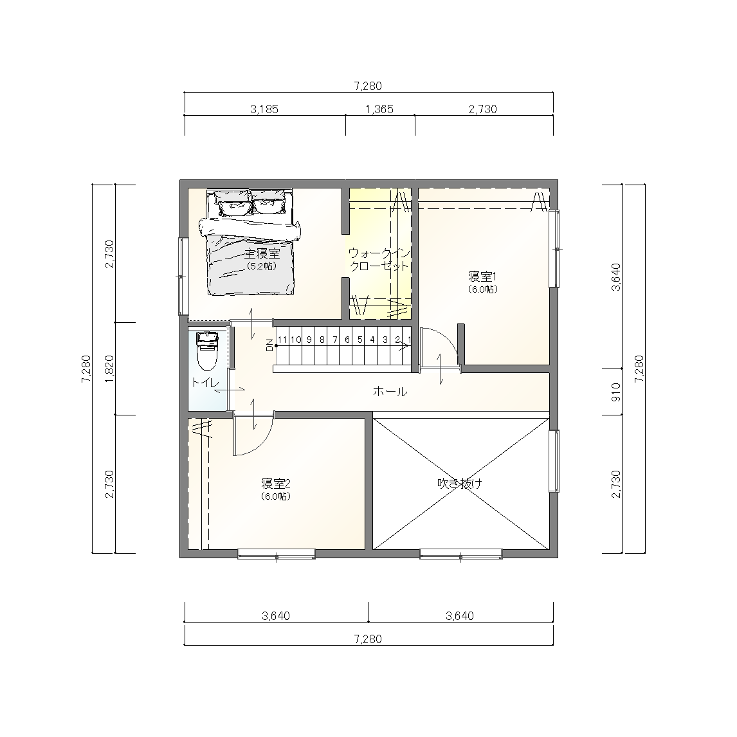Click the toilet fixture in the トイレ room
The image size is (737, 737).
(207, 352)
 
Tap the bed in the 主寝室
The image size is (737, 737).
(250, 242)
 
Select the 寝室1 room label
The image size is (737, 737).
(483, 276)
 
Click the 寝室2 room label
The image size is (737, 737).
(276, 483)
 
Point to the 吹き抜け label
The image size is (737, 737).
(460, 483)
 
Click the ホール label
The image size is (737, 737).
(390, 391)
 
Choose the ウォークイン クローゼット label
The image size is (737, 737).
(379, 259)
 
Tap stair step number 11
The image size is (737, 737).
(282, 340)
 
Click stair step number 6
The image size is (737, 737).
(347, 340)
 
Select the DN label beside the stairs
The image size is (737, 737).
(269, 345)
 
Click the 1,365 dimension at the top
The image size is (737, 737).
(379, 109)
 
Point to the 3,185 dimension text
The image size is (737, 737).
(264, 109)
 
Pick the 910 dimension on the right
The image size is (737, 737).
(616, 392)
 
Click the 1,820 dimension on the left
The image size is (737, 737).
(109, 368)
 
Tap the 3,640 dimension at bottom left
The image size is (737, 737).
(276, 615)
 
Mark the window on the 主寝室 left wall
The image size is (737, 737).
(183, 277)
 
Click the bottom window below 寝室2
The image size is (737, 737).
(277, 554)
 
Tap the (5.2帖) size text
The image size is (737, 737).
(262, 266)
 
